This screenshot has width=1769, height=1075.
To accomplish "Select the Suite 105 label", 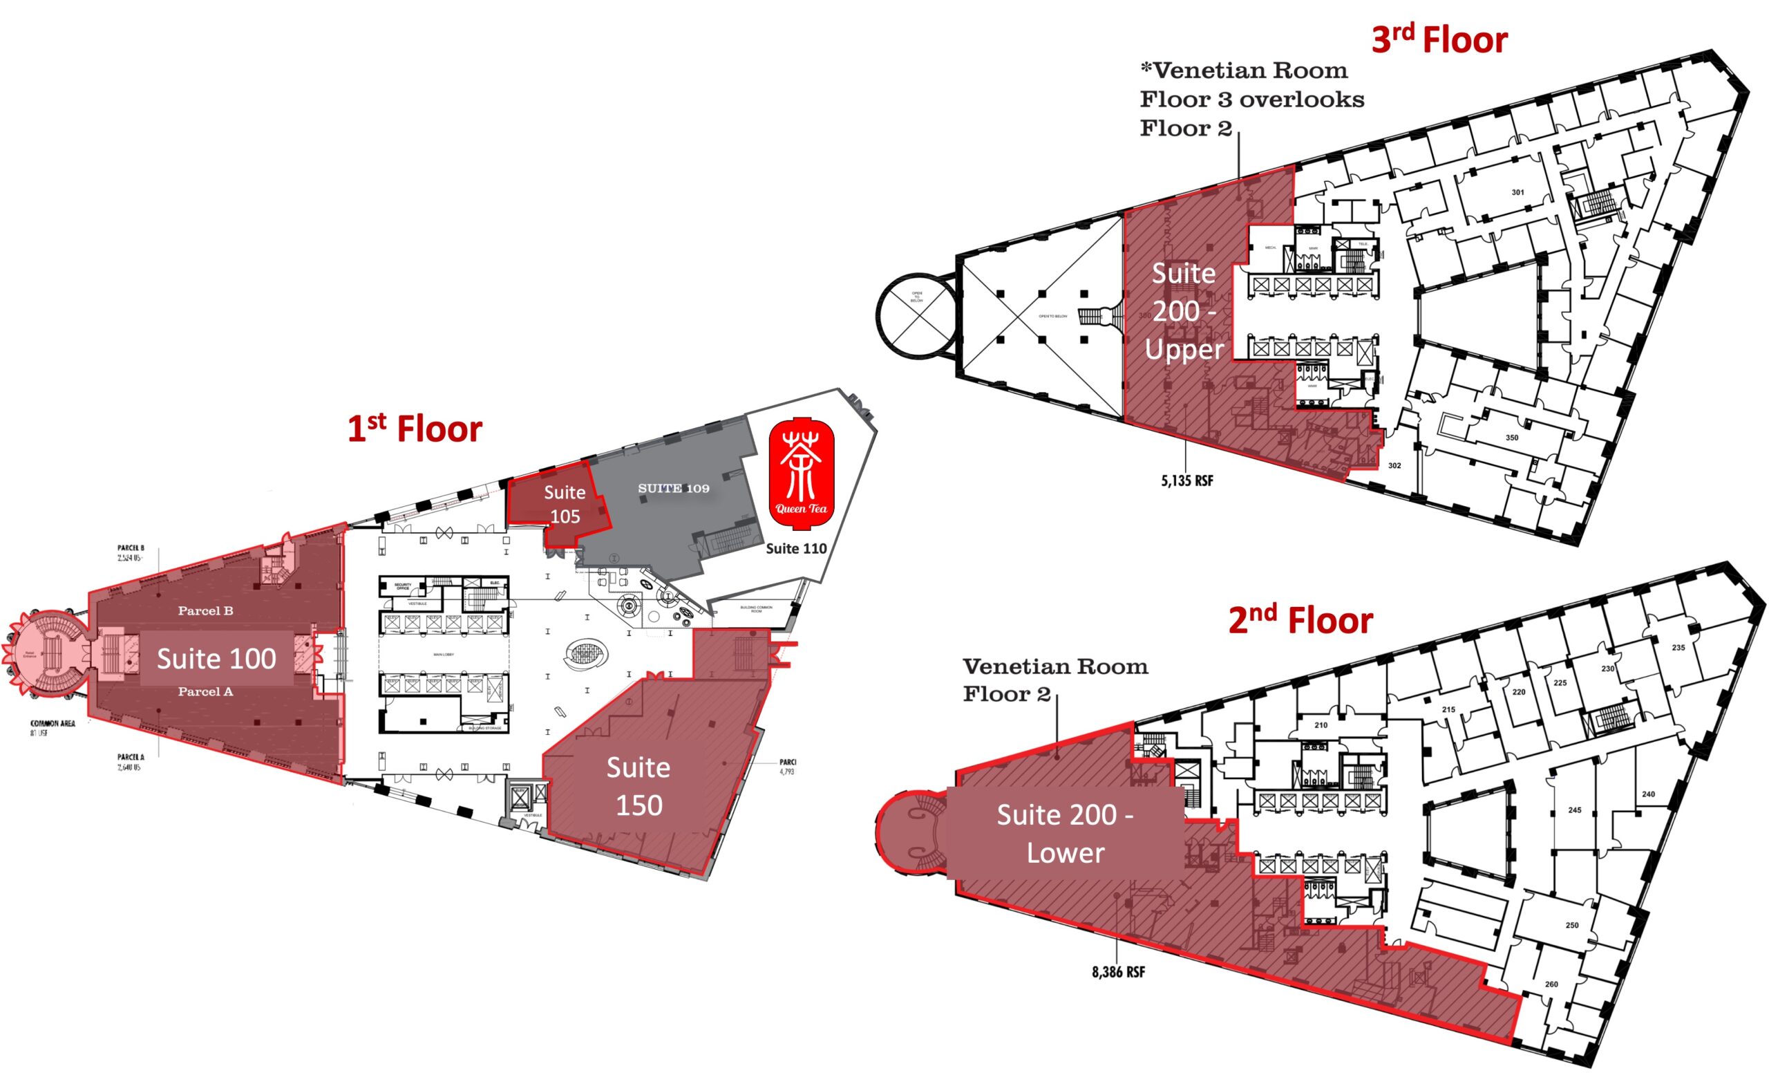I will coord(565,504).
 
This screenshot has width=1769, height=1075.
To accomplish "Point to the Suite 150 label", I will coord(638,786).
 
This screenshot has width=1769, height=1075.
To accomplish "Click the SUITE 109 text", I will coord(674,488).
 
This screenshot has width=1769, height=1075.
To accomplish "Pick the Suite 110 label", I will coord(795,549).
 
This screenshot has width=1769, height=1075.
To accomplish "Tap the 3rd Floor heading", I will coord(1439,39).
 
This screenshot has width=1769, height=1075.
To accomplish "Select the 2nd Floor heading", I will coord(1300,619).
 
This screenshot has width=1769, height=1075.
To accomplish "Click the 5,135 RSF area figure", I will coord(1186,481).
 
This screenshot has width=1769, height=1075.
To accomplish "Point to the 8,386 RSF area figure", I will coord(1118,972).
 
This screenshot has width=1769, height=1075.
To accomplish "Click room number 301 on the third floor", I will coord(1517,192).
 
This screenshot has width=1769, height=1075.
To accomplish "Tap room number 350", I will coord(1511,438).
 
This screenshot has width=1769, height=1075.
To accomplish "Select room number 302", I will coord(1394,465).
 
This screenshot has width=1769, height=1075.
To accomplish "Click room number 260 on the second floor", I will coord(1551,984).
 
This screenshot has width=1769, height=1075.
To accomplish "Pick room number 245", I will coord(1574,810).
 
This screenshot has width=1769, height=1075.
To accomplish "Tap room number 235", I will coord(1678,648).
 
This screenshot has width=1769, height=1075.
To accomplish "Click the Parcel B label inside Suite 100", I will coord(205,611).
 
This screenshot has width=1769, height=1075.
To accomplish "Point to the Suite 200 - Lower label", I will coord(1065,834).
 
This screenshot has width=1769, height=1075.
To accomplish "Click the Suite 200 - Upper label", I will coord(1184,311).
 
